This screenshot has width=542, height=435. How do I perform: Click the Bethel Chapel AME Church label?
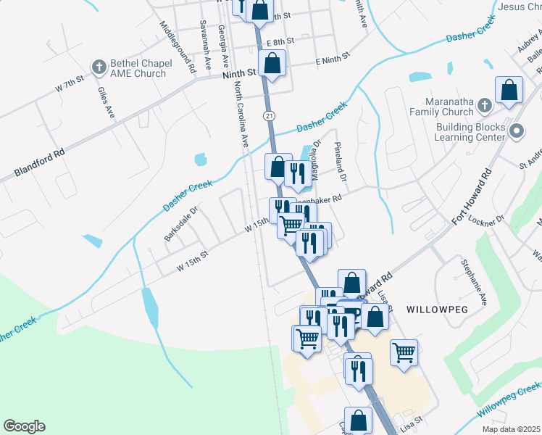pos(138,68)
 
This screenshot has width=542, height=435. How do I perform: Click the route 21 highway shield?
pos(269,116)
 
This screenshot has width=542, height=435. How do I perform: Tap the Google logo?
pos(24,426)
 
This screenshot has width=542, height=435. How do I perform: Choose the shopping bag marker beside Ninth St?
pos(272,64)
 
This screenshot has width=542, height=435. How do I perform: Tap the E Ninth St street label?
pos(333,57)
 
